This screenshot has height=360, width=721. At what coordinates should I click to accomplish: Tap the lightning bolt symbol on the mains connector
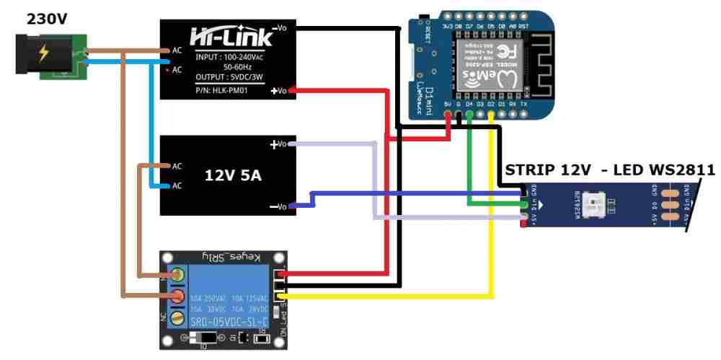click(x=44, y=53)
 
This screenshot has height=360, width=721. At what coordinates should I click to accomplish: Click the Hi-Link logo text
click(x=231, y=37)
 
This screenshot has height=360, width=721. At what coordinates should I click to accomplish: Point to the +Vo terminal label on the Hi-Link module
click(x=279, y=91)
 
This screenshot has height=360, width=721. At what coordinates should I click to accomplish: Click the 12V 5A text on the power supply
click(x=233, y=175)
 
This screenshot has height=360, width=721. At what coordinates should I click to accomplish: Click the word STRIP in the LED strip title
click(x=525, y=170)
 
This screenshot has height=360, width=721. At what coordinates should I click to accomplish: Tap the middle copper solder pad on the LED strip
click(x=671, y=205)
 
